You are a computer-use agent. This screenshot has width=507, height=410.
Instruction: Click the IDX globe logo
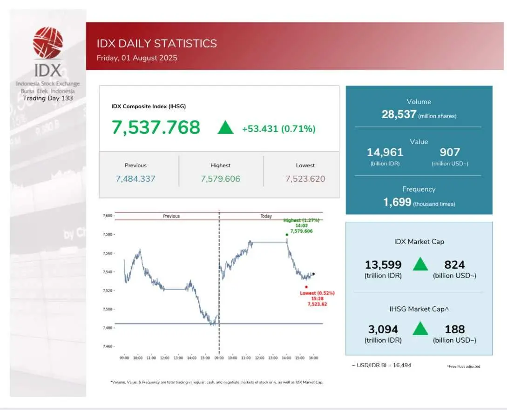47,43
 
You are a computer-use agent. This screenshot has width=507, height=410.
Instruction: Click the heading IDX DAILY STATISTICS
157,44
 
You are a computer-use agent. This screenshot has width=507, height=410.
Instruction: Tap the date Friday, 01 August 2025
137,58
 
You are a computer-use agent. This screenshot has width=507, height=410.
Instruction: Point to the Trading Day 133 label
47,98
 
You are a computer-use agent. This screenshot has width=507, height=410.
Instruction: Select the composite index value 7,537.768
155,127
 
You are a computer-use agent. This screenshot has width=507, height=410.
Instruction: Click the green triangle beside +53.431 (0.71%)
225,127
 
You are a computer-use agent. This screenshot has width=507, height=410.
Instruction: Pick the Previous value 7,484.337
135,179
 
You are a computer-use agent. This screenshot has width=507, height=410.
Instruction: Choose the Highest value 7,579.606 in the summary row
220,179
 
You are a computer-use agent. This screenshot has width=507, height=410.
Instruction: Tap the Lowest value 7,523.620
305,179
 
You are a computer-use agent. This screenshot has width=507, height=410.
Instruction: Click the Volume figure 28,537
399,114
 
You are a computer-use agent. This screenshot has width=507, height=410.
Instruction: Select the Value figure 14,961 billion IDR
385,152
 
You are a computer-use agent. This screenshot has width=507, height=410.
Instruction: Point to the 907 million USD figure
450,152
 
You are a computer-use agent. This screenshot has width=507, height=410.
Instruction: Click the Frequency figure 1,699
397,202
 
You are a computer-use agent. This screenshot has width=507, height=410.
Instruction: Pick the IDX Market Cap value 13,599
383,265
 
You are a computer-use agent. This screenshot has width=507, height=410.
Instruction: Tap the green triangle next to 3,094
420,329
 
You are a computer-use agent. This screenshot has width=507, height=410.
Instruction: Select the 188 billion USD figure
454,330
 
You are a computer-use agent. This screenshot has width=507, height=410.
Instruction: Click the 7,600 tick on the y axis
108,216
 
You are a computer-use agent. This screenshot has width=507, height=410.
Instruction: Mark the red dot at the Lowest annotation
306,287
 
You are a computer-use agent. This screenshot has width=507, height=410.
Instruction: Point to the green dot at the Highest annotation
287,235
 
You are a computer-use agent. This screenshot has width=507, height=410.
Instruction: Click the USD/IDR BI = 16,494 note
381,365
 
